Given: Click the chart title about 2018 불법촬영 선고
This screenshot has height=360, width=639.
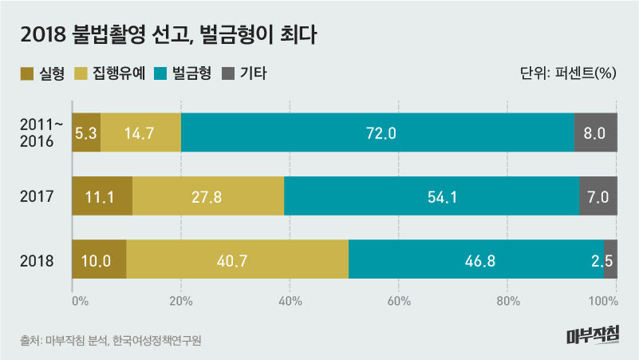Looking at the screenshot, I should pos(172,34).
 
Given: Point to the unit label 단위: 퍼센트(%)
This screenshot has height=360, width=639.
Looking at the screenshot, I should pos(567,74).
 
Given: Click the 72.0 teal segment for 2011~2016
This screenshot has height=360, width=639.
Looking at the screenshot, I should pos(377,133).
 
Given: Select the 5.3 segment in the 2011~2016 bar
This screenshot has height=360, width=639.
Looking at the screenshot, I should pos(86,133).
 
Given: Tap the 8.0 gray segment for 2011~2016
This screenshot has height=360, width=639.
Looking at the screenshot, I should pos(595,133).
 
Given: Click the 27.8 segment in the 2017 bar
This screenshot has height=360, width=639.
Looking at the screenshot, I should pos(208,196).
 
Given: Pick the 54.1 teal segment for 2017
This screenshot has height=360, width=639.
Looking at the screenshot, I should pos(431,196).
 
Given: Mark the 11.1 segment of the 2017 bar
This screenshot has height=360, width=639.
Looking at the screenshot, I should pos(102,196).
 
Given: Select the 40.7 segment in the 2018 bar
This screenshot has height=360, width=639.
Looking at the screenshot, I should pos(237,259).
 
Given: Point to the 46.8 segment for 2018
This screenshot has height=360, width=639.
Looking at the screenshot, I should pos(476,259).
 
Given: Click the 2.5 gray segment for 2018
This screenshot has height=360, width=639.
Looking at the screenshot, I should pos(610,259).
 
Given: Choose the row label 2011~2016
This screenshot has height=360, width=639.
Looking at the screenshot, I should pos(37,132).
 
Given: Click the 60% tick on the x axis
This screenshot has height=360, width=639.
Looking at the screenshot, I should pos(399,301).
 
